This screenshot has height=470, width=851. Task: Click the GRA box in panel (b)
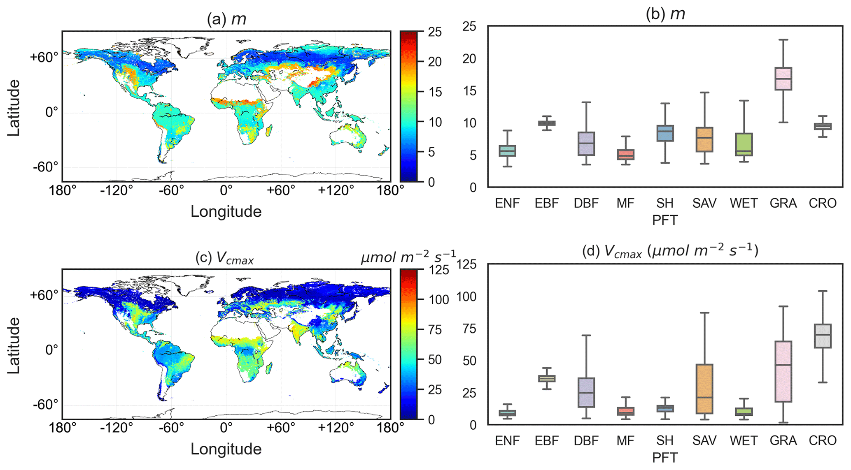point(783,79)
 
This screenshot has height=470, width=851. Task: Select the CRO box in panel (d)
point(823,336)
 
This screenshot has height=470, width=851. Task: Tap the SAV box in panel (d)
point(704,389)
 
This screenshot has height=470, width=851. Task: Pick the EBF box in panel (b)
point(547,123)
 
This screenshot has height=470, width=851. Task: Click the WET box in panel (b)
point(744,144)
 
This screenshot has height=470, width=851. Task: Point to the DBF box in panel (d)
point(586,392)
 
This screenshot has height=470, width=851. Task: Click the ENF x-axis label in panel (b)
point(507,203)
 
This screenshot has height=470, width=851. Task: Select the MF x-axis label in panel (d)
point(625,441)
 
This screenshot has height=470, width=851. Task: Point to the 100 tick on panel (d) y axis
point(466,296)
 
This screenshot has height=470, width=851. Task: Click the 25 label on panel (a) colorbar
point(432,32)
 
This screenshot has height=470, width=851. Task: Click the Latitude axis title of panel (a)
point(14,108)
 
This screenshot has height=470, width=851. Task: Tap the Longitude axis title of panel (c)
point(226,449)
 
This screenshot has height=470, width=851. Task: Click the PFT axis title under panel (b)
point(664,220)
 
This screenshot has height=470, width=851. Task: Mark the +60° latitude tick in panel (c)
point(44,295)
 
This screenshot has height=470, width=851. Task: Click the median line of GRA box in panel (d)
point(783,365)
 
